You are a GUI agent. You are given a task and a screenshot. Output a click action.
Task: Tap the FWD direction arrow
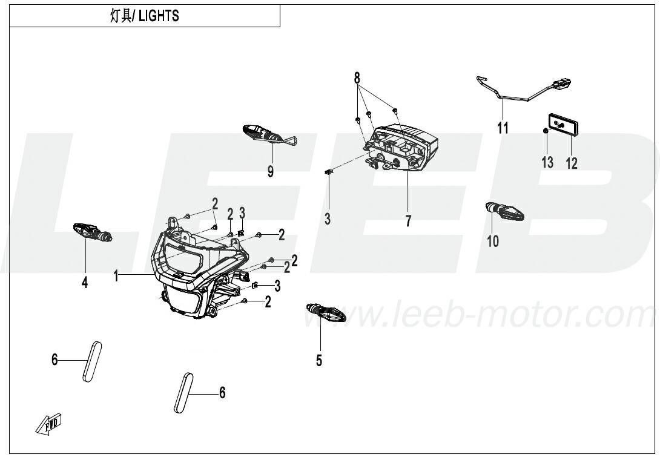(x=48, y=423)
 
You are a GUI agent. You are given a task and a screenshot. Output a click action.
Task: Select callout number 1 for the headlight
(x=116, y=276)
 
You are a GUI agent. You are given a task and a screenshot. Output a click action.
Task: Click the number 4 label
(x=85, y=283)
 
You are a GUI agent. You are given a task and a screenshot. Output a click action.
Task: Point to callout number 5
(x=319, y=360)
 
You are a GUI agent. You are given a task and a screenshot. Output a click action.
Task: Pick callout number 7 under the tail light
(x=408, y=222)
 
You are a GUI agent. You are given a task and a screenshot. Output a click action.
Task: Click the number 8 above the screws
(x=357, y=78)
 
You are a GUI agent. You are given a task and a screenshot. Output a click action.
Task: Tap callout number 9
(x=271, y=171)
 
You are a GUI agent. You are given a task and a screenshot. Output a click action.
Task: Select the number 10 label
(x=493, y=241)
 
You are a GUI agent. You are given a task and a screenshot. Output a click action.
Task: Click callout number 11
(x=503, y=128)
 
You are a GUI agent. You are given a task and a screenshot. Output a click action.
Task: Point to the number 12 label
(x=572, y=163)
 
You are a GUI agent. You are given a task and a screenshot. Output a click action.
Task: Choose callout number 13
(x=547, y=162)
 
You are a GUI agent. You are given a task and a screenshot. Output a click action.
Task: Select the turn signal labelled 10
(x=504, y=211)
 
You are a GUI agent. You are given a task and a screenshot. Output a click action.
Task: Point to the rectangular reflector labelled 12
(x=563, y=125)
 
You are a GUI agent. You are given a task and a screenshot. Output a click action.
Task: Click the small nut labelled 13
(x=545, y=131)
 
